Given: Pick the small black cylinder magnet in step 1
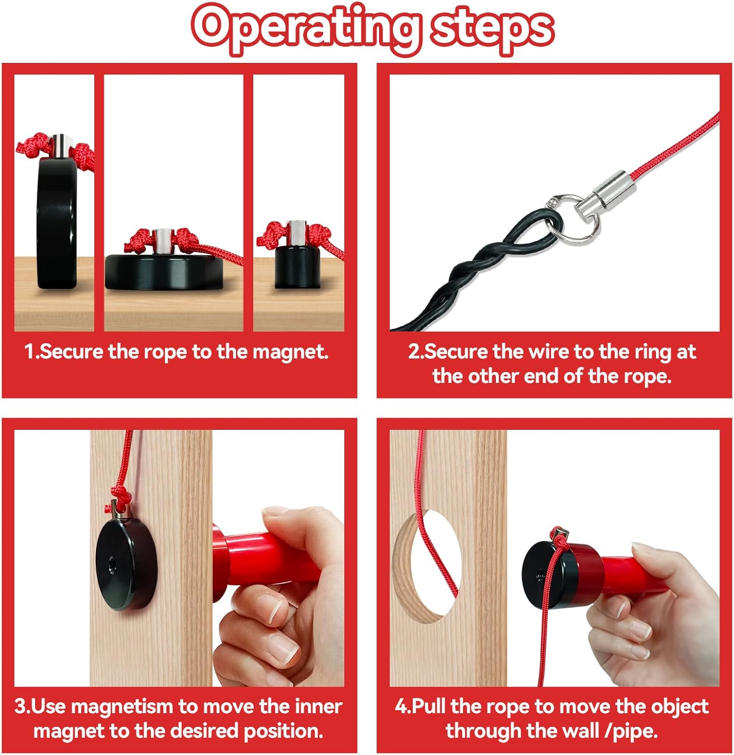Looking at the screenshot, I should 298,267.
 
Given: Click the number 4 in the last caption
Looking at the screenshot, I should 401,707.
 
